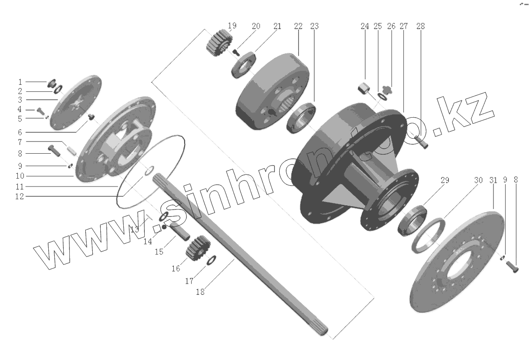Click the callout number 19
[x=232, y=26]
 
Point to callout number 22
[x=298, y=26]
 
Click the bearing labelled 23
[x=301, y=117]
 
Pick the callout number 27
[x=403, y=26]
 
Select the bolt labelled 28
[x=421, y=141]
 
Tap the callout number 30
[x=478, y=180]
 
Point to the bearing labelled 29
[x=413, y=221]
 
